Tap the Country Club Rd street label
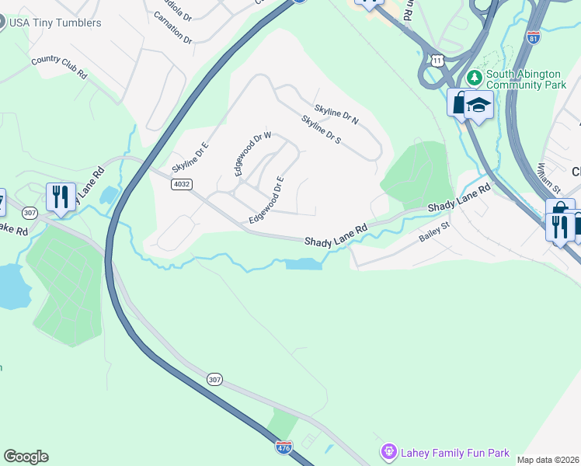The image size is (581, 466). tap(58, 67)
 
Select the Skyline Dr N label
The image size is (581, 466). tap(336, 115)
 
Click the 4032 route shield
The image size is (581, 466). tap(181, 184)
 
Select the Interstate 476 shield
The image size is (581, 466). tap(284, 447)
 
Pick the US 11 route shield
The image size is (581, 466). tap(438, 60)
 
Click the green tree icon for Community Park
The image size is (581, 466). tap(474, 78)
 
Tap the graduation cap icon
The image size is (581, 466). tap(479, 105)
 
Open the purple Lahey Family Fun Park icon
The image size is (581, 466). tap(388, 451)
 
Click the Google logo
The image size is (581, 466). tap(26, 457)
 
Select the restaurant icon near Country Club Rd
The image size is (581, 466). tap(60, 196)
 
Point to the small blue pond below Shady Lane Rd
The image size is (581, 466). tap(304, 265)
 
